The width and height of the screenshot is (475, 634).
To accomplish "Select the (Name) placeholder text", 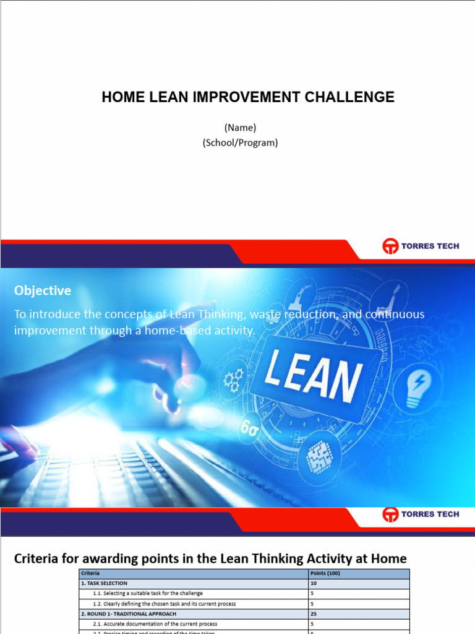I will point(240,128).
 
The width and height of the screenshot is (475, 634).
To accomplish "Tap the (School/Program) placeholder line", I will point(240,142).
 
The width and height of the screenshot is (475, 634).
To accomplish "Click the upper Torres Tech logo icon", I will point(390,246).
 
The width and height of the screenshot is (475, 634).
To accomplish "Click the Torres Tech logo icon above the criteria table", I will point(390,515).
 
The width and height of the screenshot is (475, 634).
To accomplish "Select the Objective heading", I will point(43,290).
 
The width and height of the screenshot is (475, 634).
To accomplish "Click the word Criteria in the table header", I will point(90,573).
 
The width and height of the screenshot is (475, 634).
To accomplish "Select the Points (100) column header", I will point(325,573).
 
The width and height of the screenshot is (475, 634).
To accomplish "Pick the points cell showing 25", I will point(314,614).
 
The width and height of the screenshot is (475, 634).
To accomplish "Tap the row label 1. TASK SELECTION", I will point(105,583).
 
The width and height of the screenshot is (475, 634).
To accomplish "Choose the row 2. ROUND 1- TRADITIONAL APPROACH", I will point(129,614).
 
